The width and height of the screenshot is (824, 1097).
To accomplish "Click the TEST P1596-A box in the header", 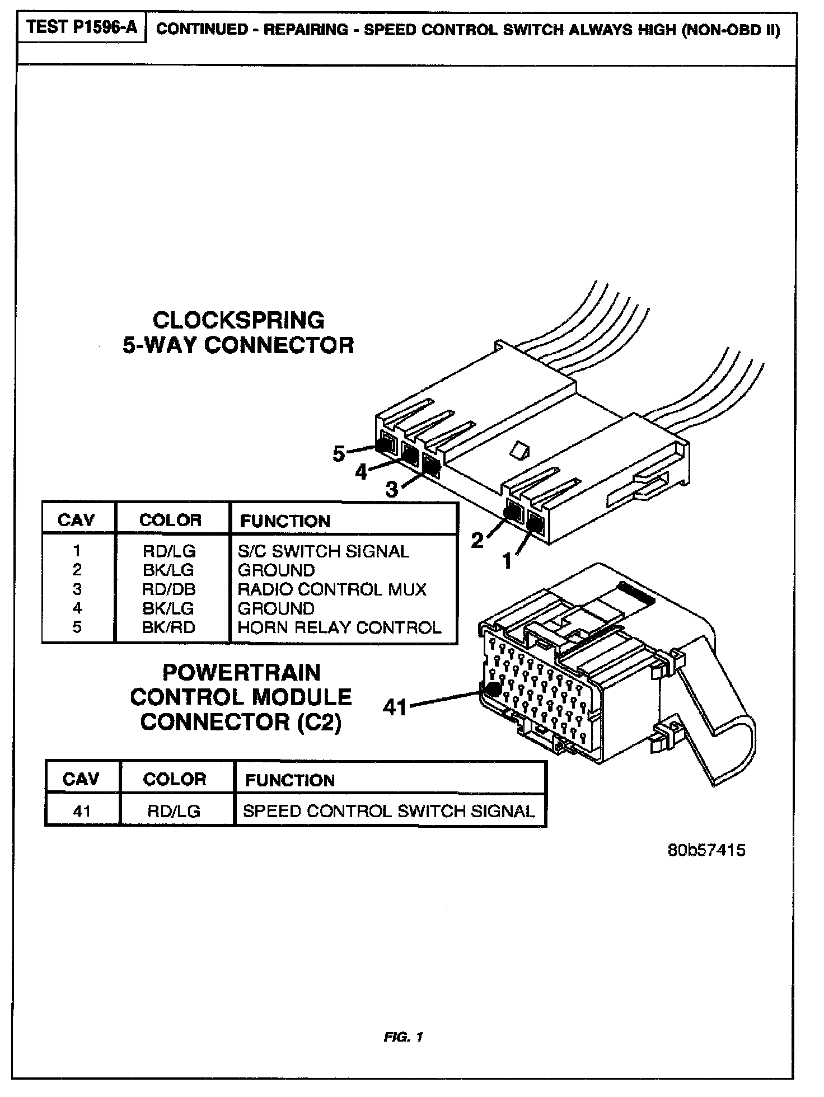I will (82, 28).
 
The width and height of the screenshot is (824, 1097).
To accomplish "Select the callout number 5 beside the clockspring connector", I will (339, 453).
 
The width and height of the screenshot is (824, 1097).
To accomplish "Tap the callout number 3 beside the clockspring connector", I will (392, 490).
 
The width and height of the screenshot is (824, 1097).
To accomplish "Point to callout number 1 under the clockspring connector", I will (507, 560).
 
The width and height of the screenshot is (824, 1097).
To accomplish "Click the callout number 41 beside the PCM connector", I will (395, 707).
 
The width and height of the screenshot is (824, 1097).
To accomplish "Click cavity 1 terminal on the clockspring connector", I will (535, 525).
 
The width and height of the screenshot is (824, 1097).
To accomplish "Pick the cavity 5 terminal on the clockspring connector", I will (387, 445).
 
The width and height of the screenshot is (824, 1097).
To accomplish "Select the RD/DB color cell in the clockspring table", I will (169, 589).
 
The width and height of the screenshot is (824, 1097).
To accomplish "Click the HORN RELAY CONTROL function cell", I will (339, 627).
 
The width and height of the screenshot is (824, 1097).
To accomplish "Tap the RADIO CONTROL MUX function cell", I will (332, 589).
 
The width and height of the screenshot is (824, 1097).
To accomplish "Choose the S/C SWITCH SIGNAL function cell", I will (324, 551).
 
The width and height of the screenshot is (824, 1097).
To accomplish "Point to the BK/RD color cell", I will (168, 627).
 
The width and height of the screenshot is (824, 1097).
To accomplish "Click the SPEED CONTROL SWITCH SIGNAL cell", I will (389, 811).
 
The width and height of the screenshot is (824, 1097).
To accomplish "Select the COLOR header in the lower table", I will (175, 780).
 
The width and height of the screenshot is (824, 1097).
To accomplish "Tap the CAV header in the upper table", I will (77, 521).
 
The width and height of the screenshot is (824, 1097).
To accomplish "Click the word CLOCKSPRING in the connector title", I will (238, 320).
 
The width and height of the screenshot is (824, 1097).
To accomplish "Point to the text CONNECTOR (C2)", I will (241, 722).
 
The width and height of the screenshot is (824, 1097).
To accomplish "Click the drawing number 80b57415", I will (706, 850).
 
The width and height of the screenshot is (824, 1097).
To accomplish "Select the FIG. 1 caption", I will (404, 1037).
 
